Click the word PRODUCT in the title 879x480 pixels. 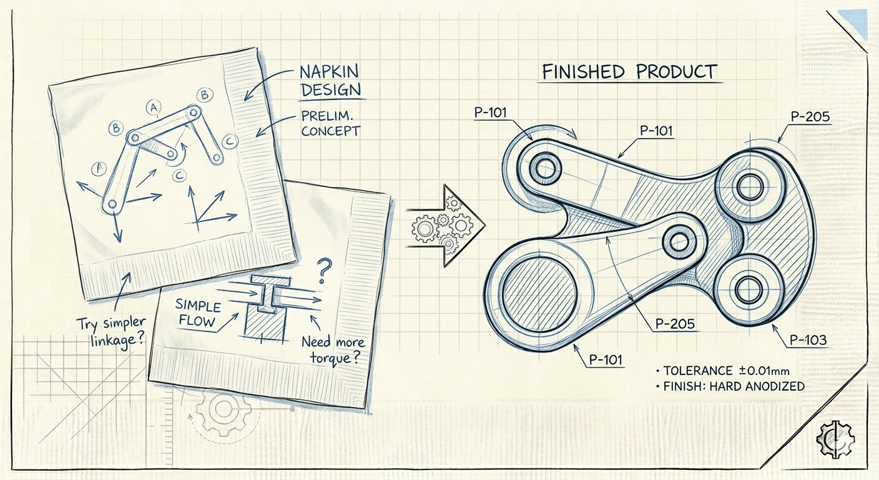coord(677,72)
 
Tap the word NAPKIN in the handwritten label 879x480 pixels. coord(329,72)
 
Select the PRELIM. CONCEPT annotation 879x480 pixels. coord(330,124)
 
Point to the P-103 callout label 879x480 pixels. coord(808,340)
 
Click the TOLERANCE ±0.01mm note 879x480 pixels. coord(726,371)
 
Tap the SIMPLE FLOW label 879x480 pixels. coord(198,313)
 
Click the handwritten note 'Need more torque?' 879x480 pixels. coord(333,350)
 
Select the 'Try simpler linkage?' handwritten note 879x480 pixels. coord(111,332)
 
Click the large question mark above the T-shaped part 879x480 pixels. coord(323,270)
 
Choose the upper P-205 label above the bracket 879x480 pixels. coord(810,117)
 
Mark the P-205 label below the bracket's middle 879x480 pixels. coord(675,323)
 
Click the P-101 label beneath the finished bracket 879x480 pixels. coord(606,359)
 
